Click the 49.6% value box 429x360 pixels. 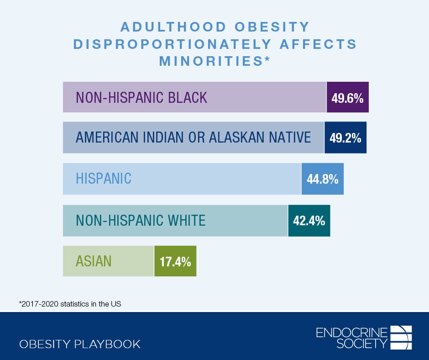tap(348, 97)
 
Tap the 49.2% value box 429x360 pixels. tap(345, 138)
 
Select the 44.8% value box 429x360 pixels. tap(323, 179)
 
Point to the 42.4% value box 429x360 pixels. tap(309, 221)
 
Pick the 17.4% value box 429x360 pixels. tap(175, 261)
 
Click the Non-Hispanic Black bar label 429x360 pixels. tap(141, 97)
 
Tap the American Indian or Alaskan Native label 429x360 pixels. tap(193, 137)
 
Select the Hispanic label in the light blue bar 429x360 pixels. tap(104, 179)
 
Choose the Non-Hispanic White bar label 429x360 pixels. tap(141, 221)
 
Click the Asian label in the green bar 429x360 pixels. tap(94, 261)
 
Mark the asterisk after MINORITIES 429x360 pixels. tap(267, 59)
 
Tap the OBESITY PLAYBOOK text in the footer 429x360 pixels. tap(80, 344)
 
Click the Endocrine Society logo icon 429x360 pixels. tap(402, 337)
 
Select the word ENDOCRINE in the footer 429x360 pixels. tap(351, 332)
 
